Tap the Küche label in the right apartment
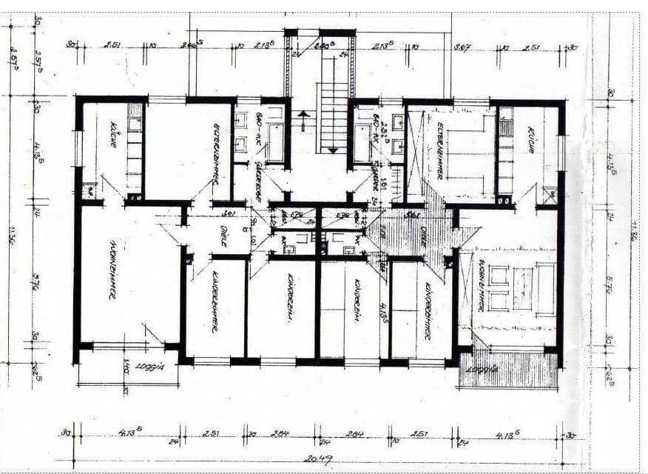coord(530,140)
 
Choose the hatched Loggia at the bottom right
coord(509,370)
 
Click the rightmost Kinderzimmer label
coord(427,311)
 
